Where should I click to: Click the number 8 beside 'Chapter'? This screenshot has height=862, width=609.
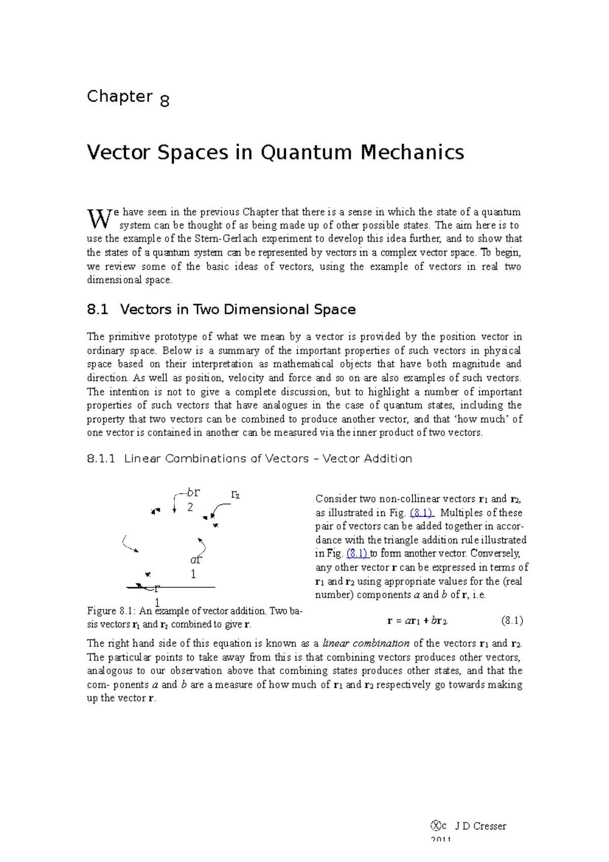tap(164, 101)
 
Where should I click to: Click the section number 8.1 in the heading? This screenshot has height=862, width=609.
tap(97, 309)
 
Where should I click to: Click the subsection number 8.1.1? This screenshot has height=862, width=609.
tap(101, 458)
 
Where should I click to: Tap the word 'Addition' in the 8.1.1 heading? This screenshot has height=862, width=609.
tap(388, 458)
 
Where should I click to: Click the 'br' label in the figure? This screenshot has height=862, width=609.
tap(193, 492)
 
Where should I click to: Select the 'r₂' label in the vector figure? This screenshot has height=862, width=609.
tap(235, 493)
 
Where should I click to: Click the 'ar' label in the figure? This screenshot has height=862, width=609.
tap(196, 559)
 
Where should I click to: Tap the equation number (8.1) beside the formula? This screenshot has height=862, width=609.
tap(512, 620)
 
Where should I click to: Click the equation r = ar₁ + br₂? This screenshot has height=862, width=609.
tap(417, 620)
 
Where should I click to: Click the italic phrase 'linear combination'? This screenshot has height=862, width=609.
tap(366, 643)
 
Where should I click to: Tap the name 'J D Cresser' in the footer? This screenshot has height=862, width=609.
tap(480, 826)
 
